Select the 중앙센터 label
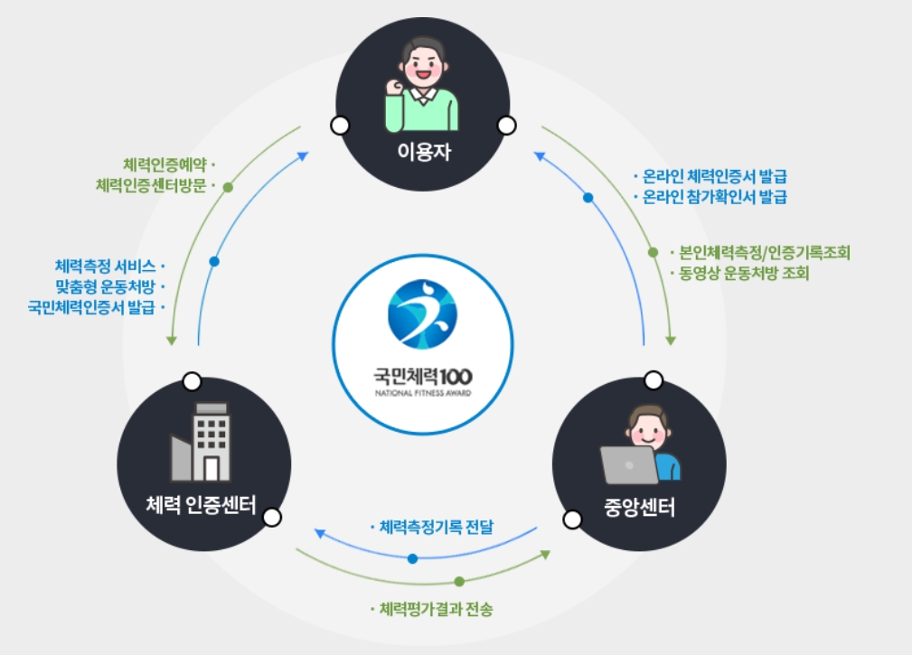point(638,508)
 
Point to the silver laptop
point(630,464)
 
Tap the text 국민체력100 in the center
point(422,374)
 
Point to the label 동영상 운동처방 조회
point(744,273)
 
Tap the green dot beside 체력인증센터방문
point(228,188)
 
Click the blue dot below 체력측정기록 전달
point(412,558)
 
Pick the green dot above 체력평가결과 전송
point(459,581)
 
